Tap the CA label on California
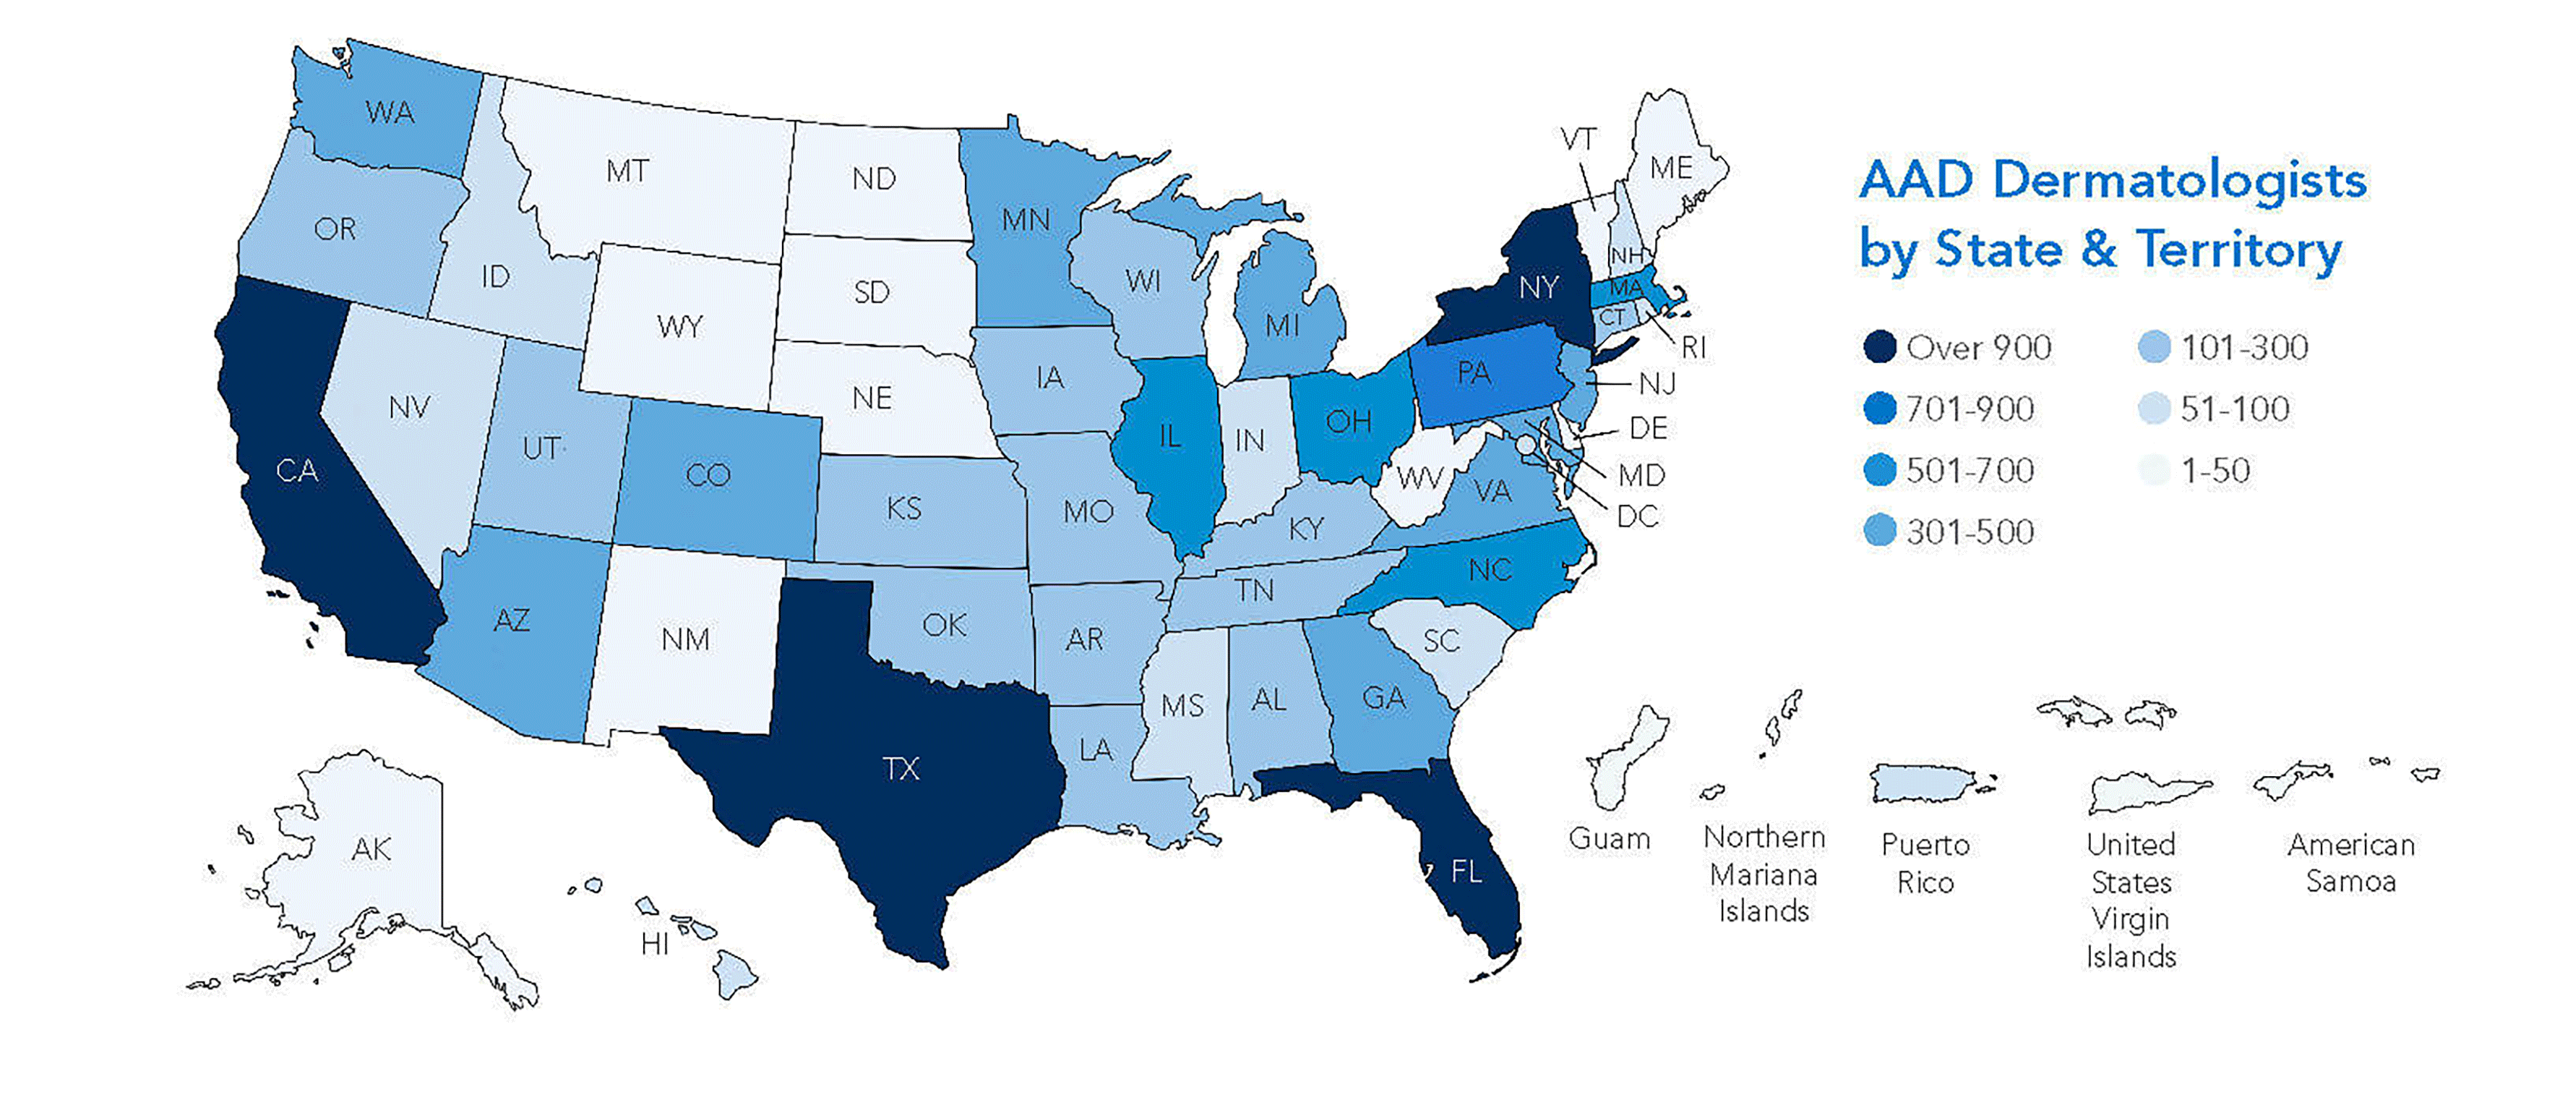[x=296, y=471]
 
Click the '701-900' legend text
[x=1969, y=409]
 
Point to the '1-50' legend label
[x=2215, y=471]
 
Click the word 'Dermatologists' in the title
[x=2179, y=181]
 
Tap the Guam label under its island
[x=1608, y=838]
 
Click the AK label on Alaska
[x=371, y=849]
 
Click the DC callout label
[x=1637, y=516]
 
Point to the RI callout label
[x=1693, y=348]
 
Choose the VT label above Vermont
[x=1578, y=140]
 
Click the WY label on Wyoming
[x=679, y=327]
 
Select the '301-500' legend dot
[x=1880, y=532]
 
